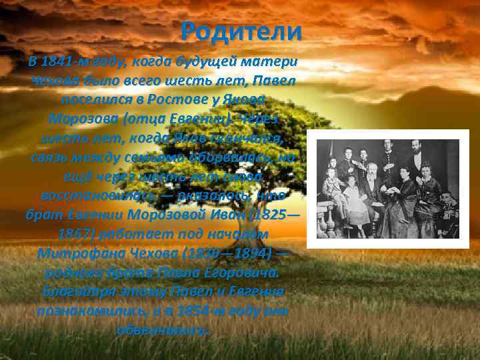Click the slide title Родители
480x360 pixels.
241,31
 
